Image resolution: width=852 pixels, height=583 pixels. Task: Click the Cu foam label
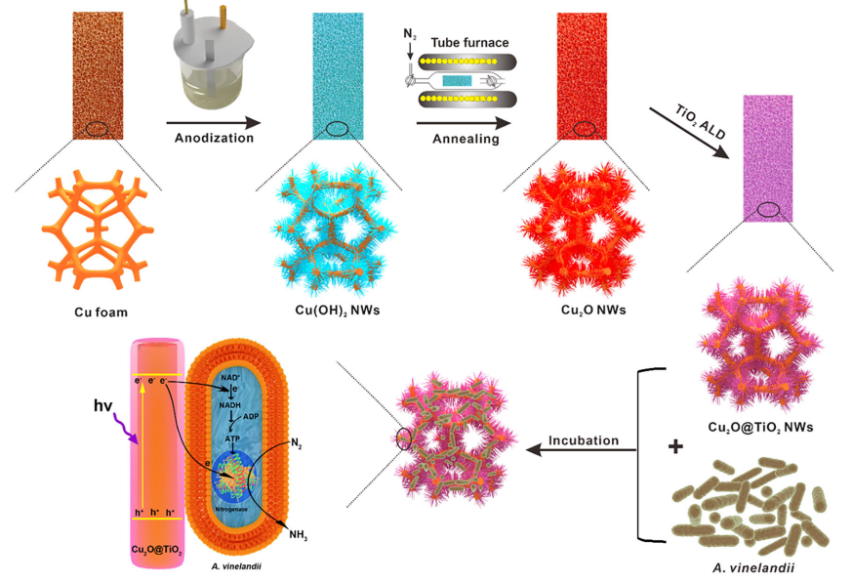[100, 312]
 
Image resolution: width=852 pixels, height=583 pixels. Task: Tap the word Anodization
[214, 138]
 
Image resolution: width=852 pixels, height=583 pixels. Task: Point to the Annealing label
[466, 139]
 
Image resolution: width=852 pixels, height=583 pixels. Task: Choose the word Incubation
[583, 440]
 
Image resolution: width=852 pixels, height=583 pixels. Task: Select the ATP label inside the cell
[231, 440]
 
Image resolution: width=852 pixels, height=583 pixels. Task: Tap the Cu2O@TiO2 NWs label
[761, 427]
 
